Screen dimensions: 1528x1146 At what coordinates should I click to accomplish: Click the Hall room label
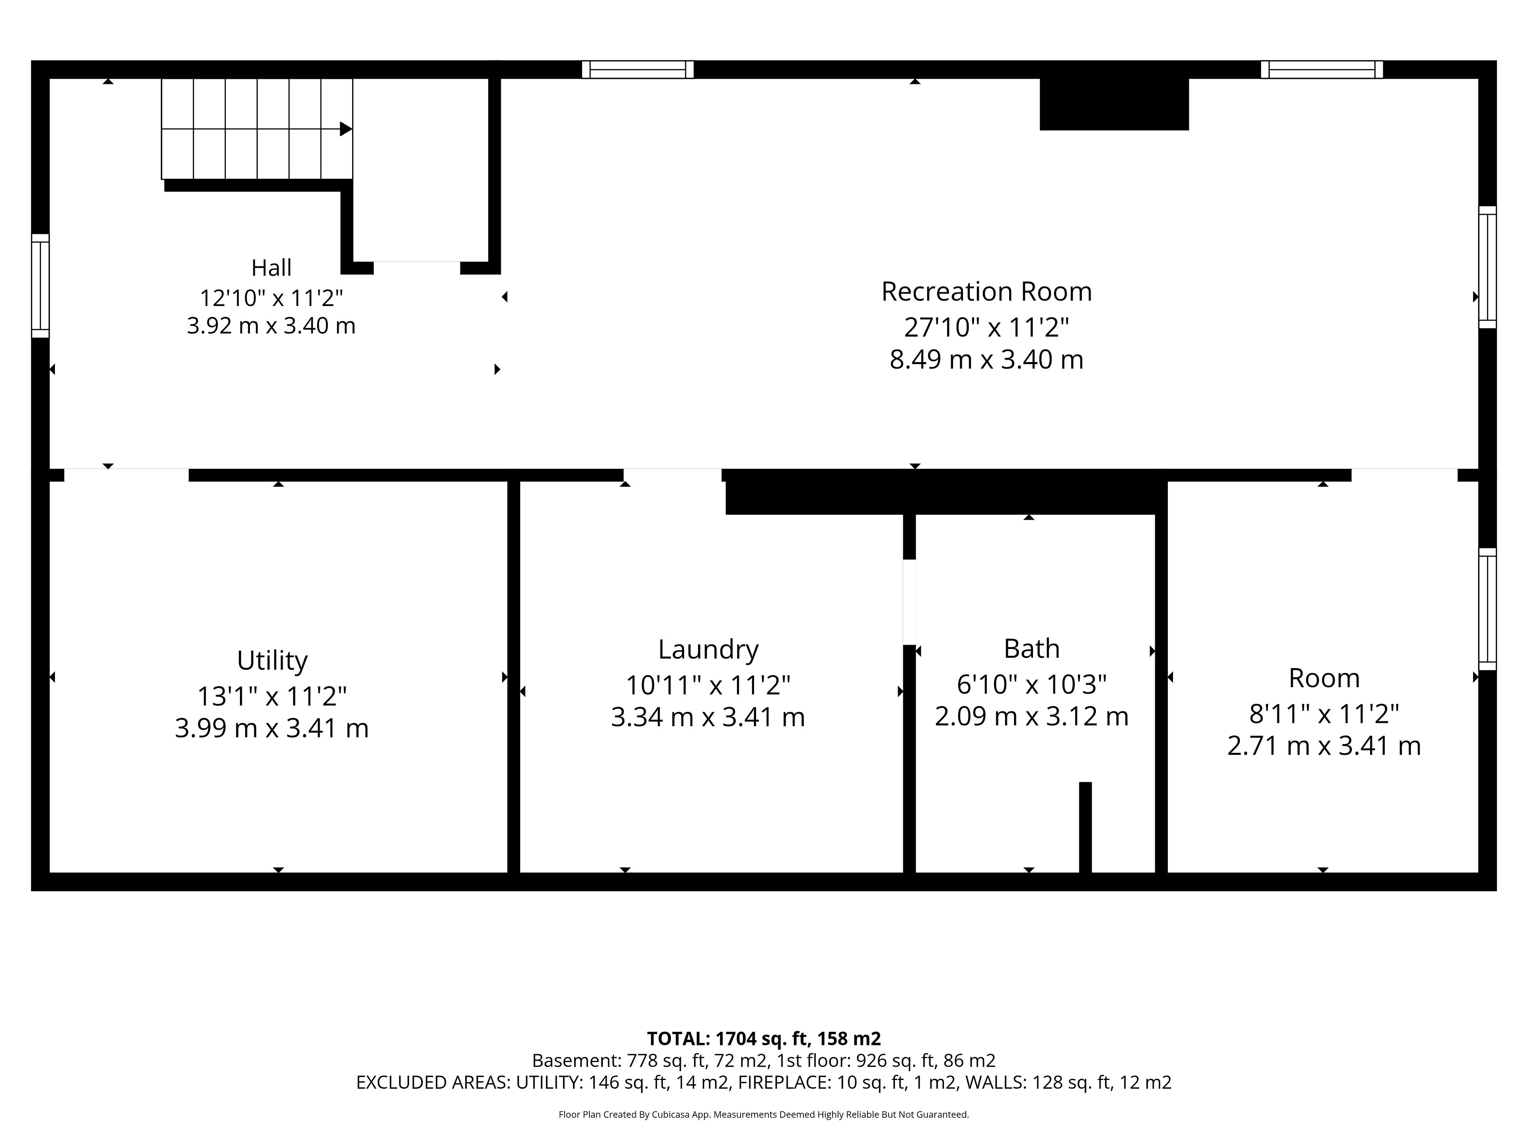pos(271,267)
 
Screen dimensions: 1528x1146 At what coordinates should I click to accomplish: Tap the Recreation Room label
pos(986,292)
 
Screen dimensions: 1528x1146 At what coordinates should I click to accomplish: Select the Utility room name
pos(272,661)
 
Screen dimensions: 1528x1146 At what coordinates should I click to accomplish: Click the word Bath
pos(1031,649)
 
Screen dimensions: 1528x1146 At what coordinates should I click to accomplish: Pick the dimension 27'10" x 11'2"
pos(986,327)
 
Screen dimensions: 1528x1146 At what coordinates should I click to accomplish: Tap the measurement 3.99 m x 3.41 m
pos(271,728)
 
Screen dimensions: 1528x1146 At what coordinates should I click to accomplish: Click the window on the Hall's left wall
pos(41,285)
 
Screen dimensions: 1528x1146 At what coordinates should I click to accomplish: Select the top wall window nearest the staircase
pos(637,70)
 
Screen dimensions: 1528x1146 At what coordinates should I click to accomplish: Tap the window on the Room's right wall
pos(1487,608)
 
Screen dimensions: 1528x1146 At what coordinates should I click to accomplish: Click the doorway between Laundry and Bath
pos(910,602)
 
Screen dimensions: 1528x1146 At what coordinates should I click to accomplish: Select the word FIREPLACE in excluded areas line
pos(784,1082)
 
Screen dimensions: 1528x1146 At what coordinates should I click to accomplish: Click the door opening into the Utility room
pos(127,475)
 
